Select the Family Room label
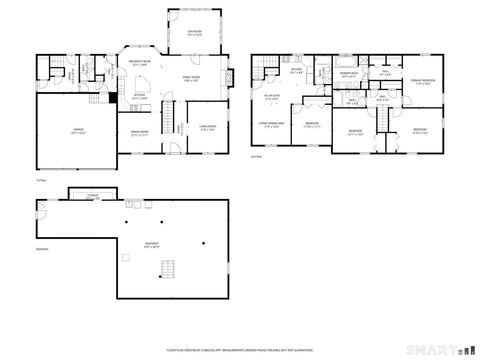click(x=190, y=78)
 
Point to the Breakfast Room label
click(x=140, y=63)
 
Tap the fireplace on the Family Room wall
click(x=230, y=76)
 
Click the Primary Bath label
click(x=348, y=75)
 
